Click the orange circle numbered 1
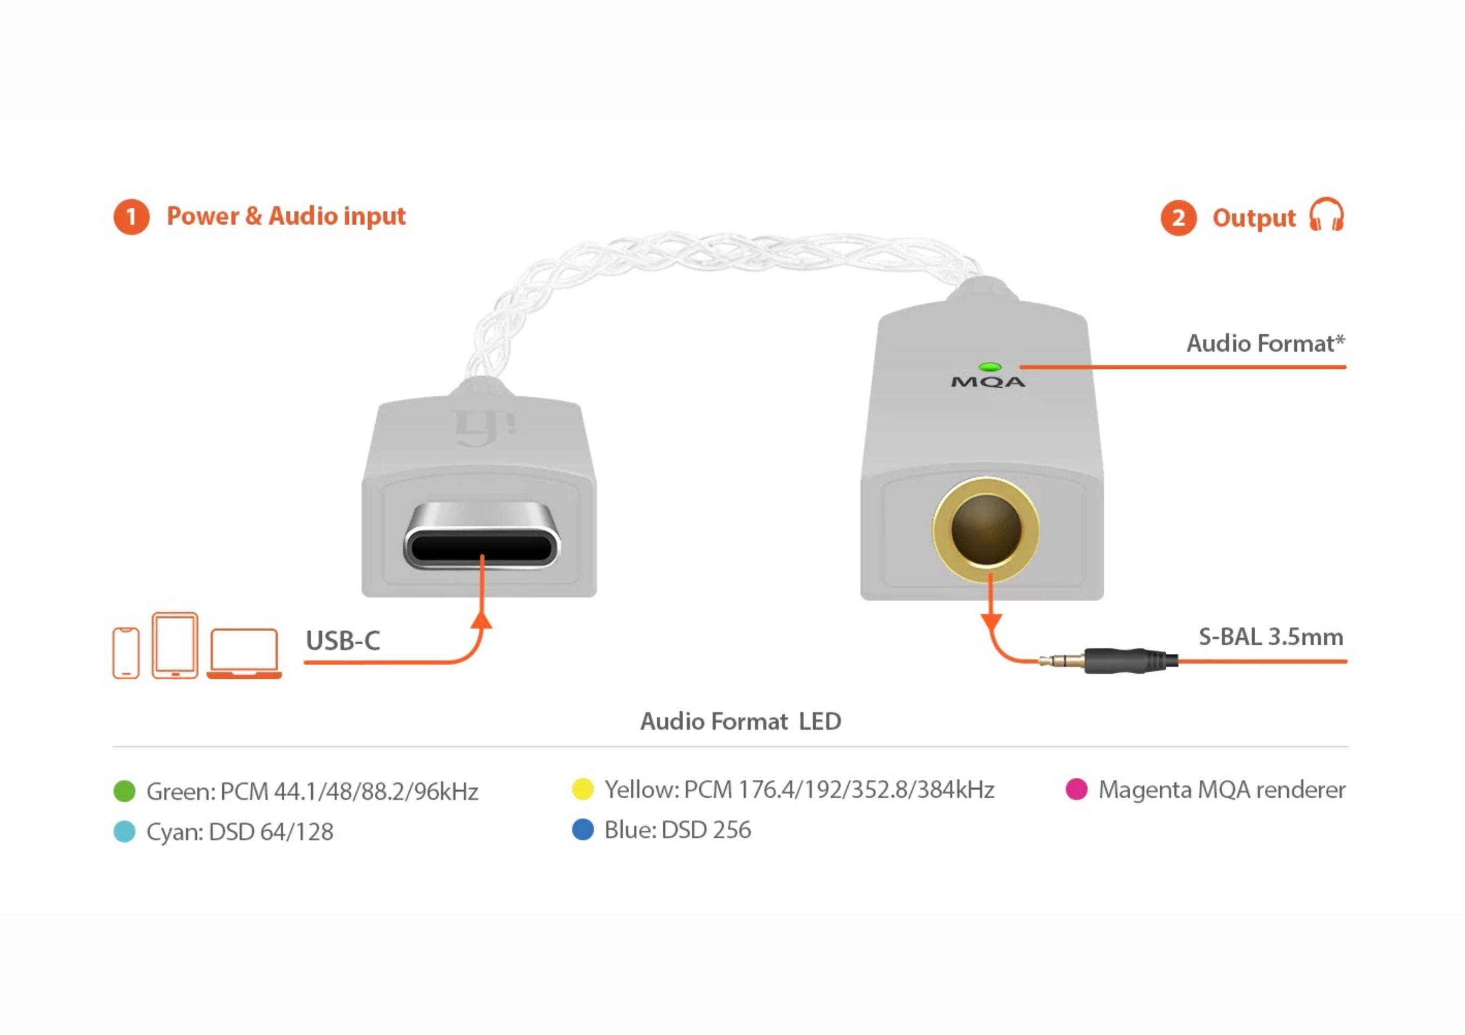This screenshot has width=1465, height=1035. (x=132, y=217)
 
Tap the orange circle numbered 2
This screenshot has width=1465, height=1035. (x=1178, y=218)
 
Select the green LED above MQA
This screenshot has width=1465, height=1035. (x=989, y=367)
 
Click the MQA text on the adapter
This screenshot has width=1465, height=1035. (x=988, y=382)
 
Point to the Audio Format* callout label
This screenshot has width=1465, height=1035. (x=1265, y=343)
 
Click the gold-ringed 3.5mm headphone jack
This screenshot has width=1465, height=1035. (x=986, y=529)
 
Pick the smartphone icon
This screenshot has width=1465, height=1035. (x=126, y=653)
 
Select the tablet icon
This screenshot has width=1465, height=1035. (x=175, y=645)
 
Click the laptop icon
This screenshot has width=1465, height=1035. (x=244, y=653)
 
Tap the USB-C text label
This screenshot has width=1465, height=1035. (x=342, y=640)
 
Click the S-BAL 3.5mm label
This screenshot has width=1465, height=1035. (x=1270, y=637)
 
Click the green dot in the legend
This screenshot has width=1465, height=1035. (x=125, y=791)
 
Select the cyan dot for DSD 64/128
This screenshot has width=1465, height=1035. (x=125, y=831)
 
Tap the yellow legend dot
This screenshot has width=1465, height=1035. (x=582, y=789)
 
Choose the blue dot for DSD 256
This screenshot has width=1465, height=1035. (x=582, y=830)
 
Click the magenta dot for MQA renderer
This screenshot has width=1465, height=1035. (x=1076, y=789)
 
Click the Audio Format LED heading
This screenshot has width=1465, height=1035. (x=741, y=722)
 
